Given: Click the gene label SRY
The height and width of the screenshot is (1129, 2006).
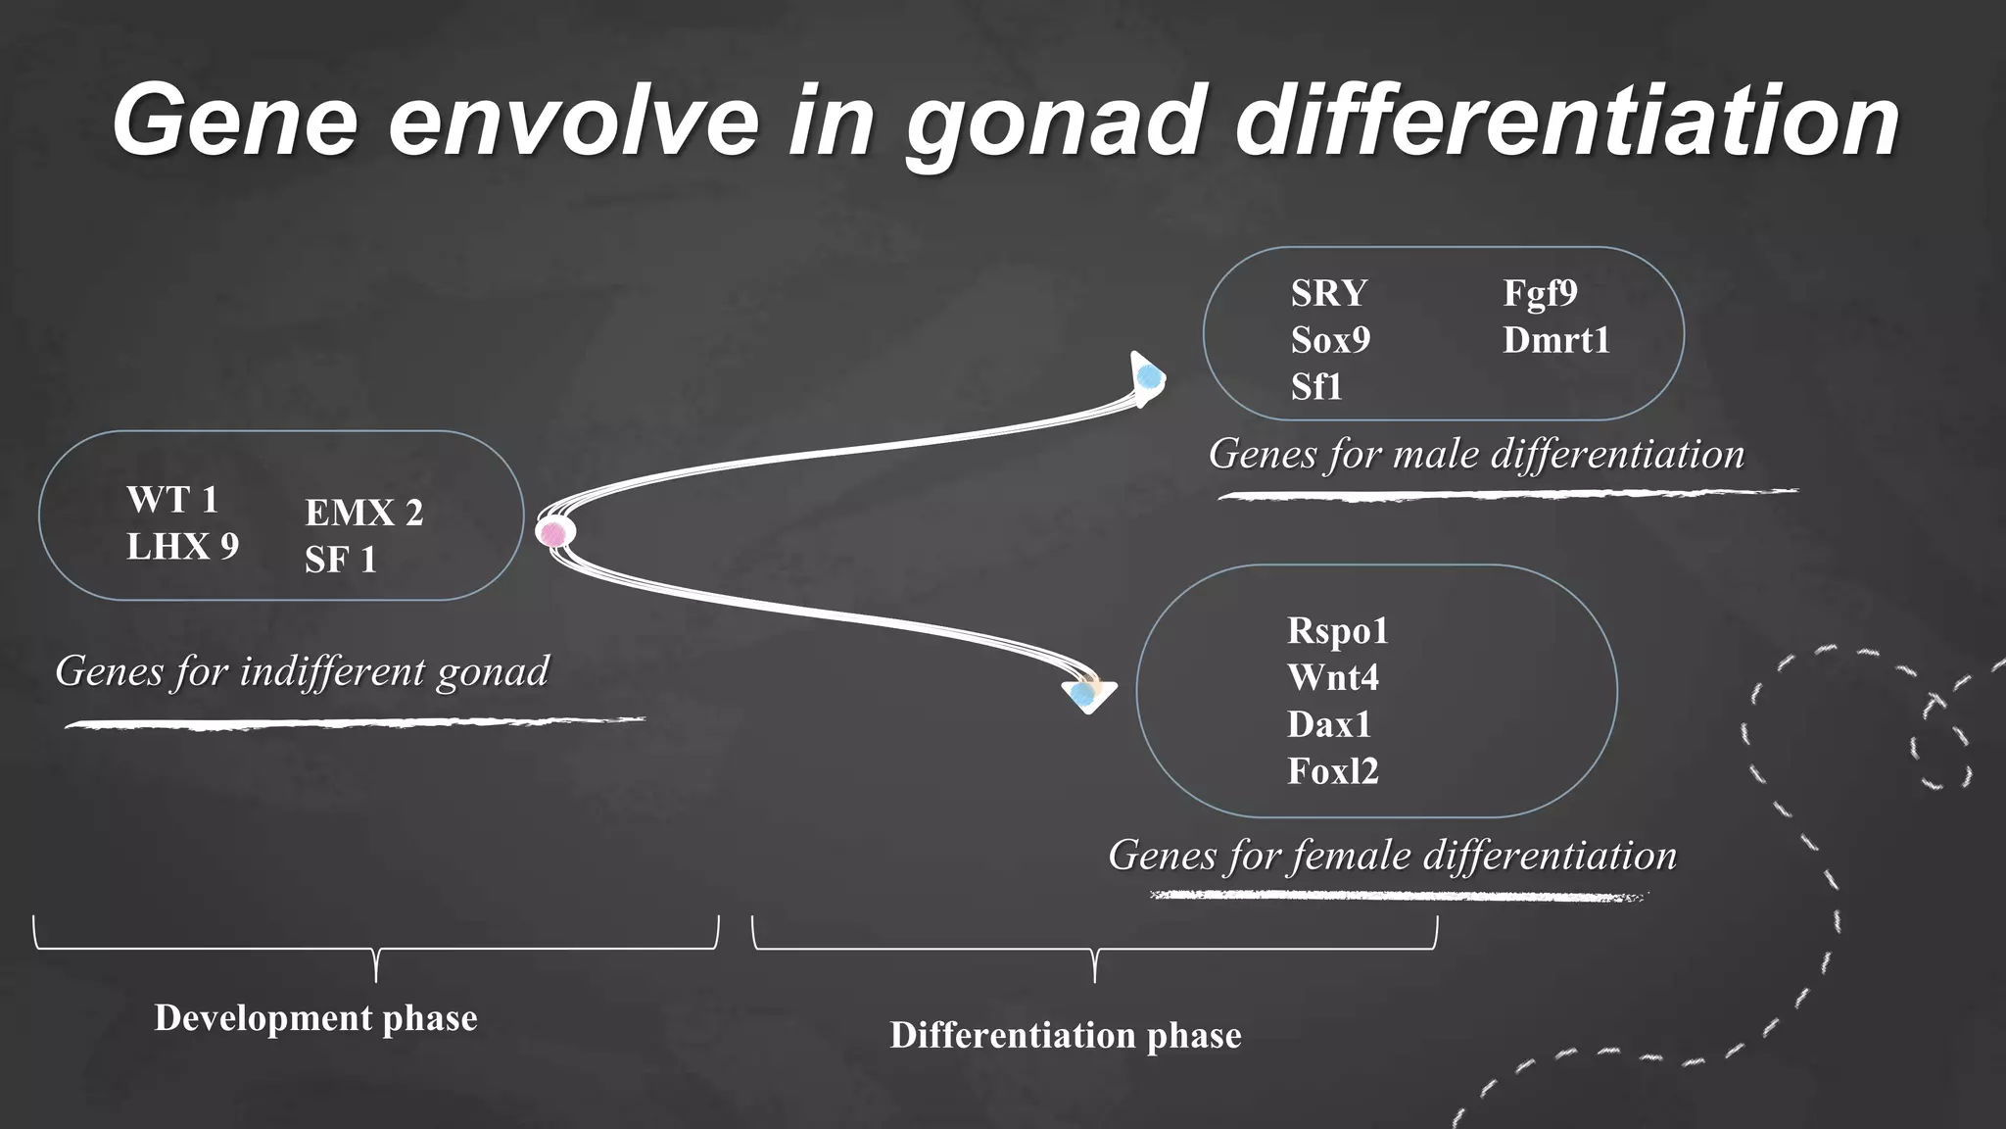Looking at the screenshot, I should point(1328,293).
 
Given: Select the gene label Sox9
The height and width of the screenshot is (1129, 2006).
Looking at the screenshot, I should point(1330,340).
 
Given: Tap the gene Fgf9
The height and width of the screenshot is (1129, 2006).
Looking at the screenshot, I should point(1540,293).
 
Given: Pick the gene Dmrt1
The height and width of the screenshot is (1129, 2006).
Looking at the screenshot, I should point(1556,340).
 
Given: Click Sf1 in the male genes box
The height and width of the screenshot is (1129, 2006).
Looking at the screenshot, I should point(1315,387).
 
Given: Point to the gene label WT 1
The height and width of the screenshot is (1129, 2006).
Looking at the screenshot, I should point(171,500).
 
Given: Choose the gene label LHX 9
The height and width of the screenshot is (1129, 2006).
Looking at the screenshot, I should point(182,547).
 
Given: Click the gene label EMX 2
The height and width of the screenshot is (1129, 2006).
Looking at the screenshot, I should point(363,513).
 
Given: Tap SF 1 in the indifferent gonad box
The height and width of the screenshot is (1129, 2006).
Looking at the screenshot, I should point(340,560).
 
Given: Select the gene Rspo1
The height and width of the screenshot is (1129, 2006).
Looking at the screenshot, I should point(1337,630).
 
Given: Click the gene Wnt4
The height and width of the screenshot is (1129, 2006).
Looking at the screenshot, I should point(1332,677).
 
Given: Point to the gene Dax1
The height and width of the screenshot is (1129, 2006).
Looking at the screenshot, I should point(1328,724).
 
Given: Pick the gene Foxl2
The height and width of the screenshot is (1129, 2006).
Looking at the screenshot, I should point(1332,771).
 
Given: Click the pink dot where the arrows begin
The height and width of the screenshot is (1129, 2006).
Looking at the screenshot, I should point(554,533).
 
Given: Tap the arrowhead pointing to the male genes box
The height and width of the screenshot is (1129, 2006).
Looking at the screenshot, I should point(1148,377).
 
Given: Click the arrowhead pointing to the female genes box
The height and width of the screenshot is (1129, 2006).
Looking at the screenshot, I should point(1087,694).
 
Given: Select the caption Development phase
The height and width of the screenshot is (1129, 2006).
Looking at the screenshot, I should point(315,1017).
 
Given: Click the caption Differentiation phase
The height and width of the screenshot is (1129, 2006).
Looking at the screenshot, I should point(1065,1035).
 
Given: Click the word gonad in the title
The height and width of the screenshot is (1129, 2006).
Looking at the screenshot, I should point(1053,122).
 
